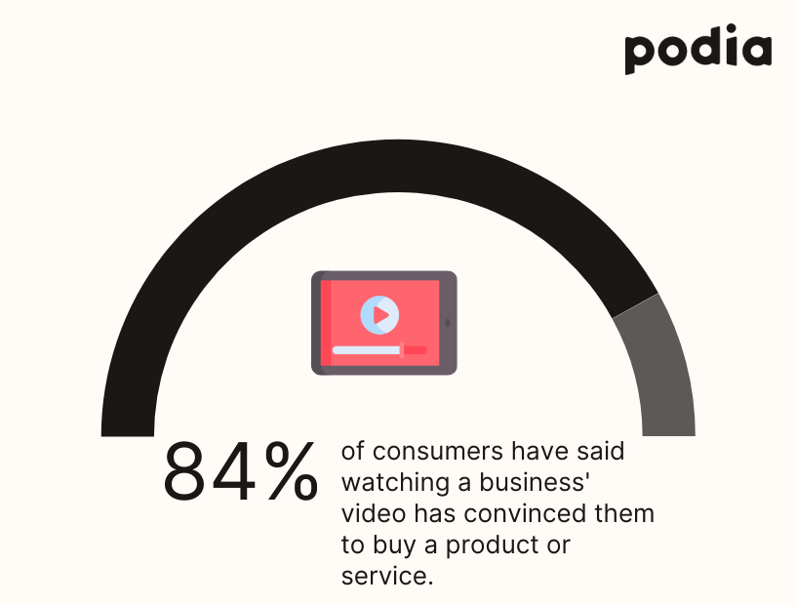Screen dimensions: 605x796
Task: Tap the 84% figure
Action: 240,471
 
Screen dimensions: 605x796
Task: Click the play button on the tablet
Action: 379,314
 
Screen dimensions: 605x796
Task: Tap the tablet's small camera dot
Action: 449,322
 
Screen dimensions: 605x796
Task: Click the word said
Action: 601,452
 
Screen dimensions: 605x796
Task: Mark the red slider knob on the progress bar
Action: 402,348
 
